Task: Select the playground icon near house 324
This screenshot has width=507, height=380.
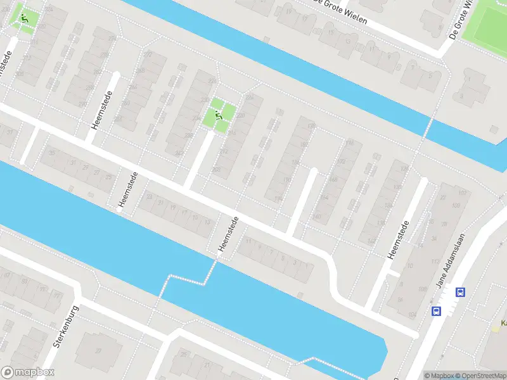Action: tap(25, 18)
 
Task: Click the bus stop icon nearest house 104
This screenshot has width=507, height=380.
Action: tap(437, 311)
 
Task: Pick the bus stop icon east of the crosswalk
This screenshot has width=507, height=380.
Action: tap(461, 292)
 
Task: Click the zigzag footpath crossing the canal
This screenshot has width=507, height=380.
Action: tap(190, 277)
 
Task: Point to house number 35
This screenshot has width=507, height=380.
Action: tap(51, 153)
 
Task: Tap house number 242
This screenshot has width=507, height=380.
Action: tap(180, 152)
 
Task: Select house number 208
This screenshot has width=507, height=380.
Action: tap(217, 169)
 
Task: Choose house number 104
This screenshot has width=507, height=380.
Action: tap(413, 315)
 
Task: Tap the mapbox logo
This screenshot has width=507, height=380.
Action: tap(27, 372)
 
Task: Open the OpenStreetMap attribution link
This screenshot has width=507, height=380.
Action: tap(479, 376)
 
